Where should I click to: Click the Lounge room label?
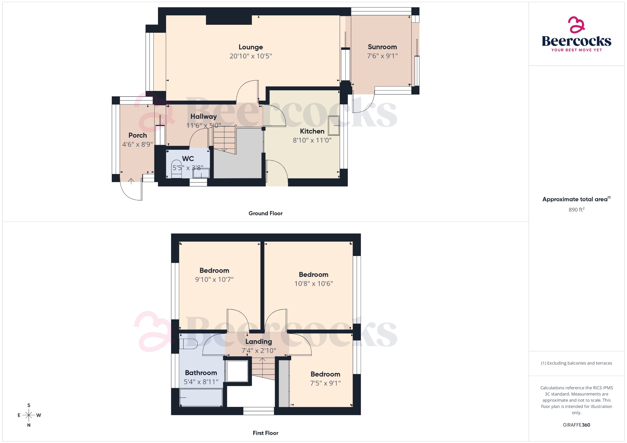click(x=250, y=47)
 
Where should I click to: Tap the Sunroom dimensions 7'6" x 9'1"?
click(x=382, y=56)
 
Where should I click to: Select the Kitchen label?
click(x=312, y=131)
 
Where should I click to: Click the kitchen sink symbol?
click(x=334, y=125)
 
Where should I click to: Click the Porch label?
click(x=137, y=135)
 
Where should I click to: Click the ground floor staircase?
click(x=224, y=139)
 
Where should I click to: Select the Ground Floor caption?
click(x=265, y=213)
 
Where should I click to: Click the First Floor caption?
click(x=265, y=433)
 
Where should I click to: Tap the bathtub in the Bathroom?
click(x=201, y=397)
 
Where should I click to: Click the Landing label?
click(x=258, y=341)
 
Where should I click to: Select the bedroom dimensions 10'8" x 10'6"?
click(x=313, y=284)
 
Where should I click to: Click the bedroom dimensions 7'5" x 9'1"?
click(x=325, y=383)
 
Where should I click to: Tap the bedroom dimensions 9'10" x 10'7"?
click(x=214, y=279)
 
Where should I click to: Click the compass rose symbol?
click(x=29, y=415)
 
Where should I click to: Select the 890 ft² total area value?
click(x=576, y=210)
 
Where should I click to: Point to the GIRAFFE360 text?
click(x=576, y=425)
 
